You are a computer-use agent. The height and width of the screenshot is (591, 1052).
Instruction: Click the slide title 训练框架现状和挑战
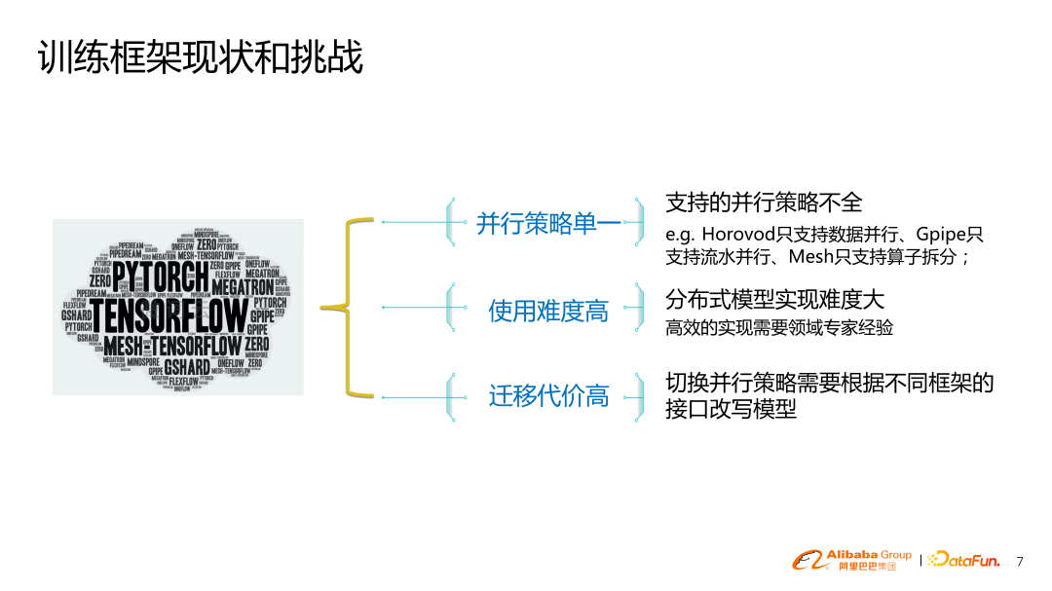point(200,58)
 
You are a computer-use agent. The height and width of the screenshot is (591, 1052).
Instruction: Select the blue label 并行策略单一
point(547,223)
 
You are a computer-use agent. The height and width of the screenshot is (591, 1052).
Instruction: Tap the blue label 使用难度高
point(547,311)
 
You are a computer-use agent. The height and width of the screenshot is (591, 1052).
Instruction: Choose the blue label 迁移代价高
point(547,396)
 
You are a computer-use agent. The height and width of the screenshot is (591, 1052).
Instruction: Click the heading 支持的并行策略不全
point(764,203)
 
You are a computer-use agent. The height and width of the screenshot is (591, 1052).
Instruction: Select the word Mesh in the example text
point(809,257)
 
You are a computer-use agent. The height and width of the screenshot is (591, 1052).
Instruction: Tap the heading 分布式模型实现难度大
point(774,299)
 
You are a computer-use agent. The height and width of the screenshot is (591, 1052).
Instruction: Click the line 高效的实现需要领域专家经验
point(779,328)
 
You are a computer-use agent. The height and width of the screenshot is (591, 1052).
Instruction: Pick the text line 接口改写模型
point(731,410)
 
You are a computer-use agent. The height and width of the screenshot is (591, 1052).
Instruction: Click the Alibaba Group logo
point(850,560)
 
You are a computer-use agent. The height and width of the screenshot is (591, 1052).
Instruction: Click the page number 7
point(1020,561)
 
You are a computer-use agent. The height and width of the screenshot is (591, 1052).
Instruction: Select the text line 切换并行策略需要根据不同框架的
point(829,383)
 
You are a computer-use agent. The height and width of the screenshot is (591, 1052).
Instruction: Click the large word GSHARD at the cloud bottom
point(187,367)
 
